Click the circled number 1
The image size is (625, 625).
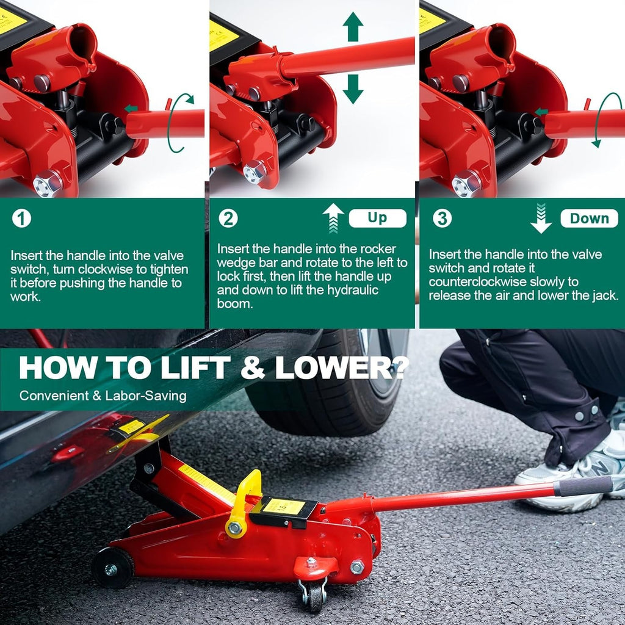[x=21, y=218]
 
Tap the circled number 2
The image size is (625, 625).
[x=228, y=218]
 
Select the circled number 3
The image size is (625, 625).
[x=442, y=218]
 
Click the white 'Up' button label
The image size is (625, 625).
[x=377, y=218]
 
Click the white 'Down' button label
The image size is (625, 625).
[x=589, y=218]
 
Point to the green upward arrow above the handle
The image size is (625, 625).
[x=353, y=26]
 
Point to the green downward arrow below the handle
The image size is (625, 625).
[x=353, y=89]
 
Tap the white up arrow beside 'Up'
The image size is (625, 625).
[x=333, y=218]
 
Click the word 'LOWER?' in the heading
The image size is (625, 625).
[x=342, y=367]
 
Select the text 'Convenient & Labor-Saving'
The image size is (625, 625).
[x=103, y=396]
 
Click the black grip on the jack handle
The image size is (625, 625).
[x=583, y=486]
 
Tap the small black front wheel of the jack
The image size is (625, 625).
[x=112, y=568]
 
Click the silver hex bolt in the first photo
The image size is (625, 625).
[x=48, y=183]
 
